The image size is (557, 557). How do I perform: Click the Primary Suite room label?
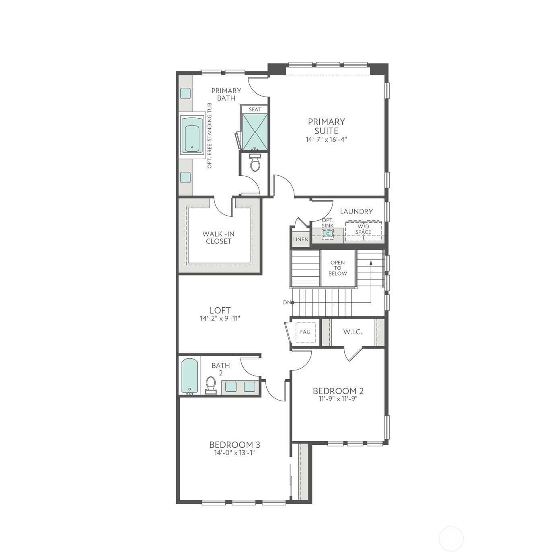tap(326, 126)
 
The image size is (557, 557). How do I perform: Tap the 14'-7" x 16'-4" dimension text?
tap(326, 140)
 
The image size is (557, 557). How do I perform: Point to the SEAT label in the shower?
tap(255, 109)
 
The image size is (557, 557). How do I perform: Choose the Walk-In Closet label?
tap(218, 237)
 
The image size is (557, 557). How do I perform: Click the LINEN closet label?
tap(300, 239)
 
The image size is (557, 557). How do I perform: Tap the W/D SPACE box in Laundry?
tap(363, 230)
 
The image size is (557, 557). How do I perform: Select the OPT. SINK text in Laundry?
tap(328, 223)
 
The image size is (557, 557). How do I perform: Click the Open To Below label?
tap(338, 268)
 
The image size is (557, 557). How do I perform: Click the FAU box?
tap(305, 332)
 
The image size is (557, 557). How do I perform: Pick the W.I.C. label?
tap(353, 332)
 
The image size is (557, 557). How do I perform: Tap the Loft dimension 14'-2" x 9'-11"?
tap(220, 319)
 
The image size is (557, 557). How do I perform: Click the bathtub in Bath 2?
tap(189, 376)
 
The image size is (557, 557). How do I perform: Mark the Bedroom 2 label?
tap(338, 391)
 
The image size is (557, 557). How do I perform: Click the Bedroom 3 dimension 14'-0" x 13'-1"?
tap(234, 453)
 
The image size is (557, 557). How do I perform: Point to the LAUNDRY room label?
tap(356, 211)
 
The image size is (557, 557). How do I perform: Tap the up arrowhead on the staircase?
tap(370, 262)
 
